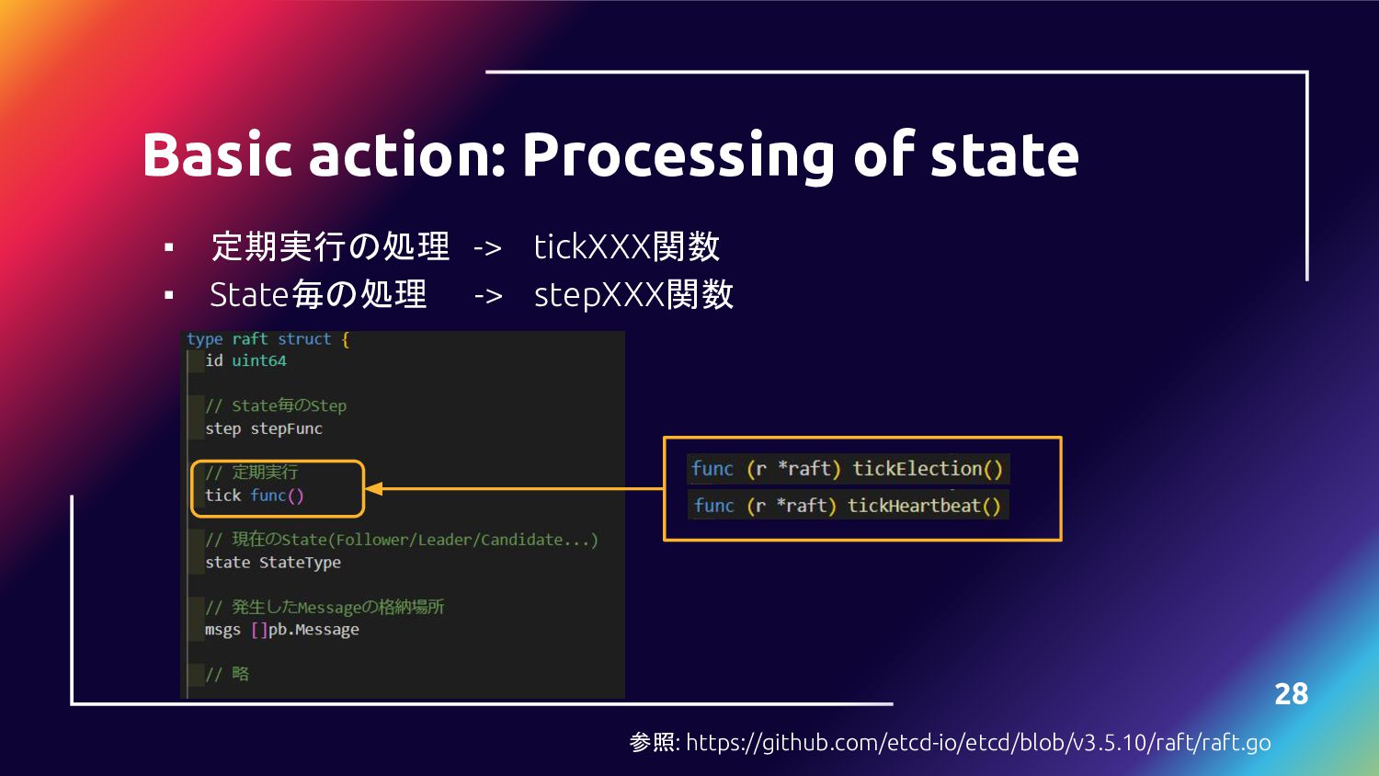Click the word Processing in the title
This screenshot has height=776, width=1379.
(678, 156)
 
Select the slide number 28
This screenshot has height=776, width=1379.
(1291, 693)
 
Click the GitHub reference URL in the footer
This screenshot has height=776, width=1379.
(978, 742)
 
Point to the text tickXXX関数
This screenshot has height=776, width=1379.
(626, 246)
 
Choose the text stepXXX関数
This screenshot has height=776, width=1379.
(633, 294)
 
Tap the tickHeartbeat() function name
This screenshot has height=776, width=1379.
(923, 506)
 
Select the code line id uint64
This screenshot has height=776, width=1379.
(245, 360)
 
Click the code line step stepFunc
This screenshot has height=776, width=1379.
(264, 428)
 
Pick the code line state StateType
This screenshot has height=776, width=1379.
(273, 562)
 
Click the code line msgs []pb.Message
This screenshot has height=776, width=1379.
(281, 630)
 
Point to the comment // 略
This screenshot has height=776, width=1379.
(227, 674)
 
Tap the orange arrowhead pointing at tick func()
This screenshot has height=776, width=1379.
(374, 489)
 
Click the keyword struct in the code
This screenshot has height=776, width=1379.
(304, 339)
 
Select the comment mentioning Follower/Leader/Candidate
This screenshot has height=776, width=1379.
(402, 540)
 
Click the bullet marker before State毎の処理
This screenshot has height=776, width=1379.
(169, 295)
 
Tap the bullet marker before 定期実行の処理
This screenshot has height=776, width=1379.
(169, 247)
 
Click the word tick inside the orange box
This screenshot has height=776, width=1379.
(222, 496)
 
